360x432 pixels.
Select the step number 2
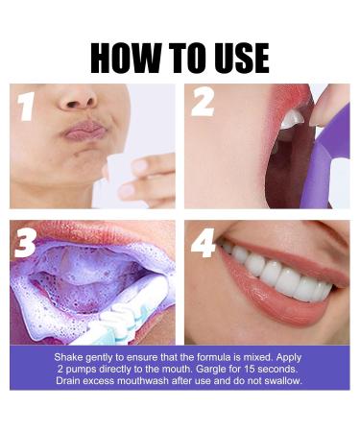click(202, 102)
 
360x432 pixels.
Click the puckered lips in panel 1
click(85, 129)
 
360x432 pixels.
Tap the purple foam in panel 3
click(77, 288)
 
